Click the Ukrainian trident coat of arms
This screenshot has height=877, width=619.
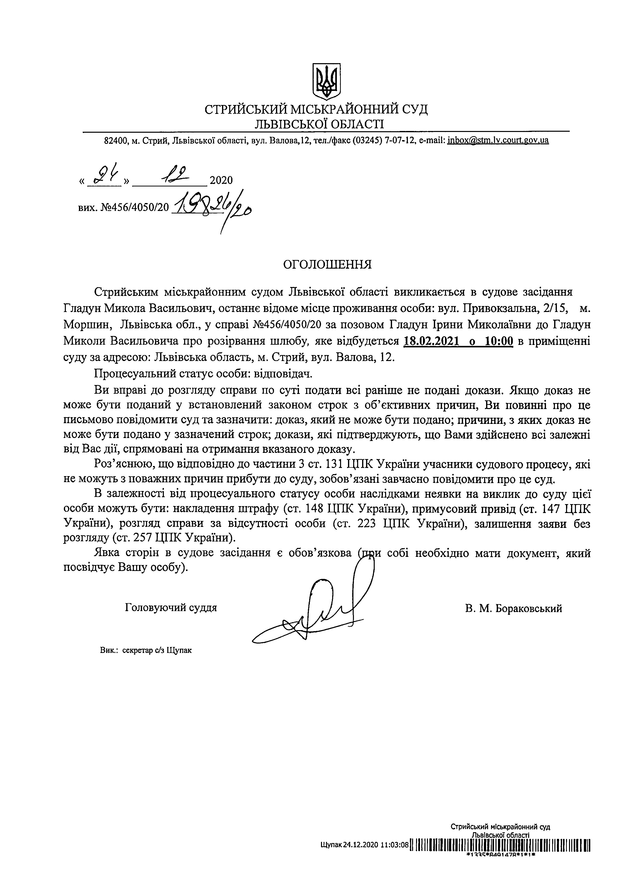coord(326,81)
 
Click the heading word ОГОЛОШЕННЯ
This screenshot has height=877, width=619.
coord(327,265)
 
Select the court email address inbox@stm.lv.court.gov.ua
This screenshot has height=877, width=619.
coord(498,140)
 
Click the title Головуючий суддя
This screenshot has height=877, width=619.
coord(171,607)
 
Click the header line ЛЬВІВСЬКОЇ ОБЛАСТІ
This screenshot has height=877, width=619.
coord(320,123)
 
